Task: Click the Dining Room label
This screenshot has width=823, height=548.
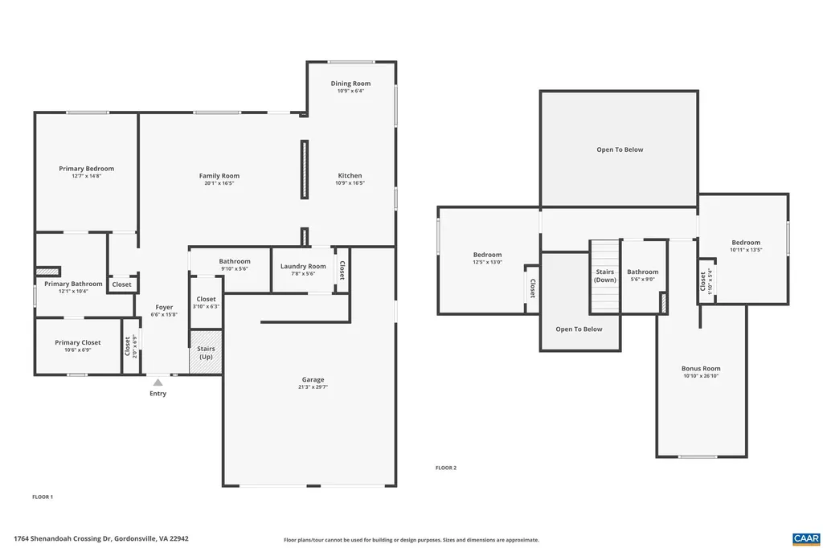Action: [x=350, y=84]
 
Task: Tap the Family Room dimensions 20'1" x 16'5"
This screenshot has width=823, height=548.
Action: [x=219, y=183]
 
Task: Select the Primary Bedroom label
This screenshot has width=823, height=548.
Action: [x=86, y=169]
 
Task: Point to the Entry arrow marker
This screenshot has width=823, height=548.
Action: [x=158, y=382]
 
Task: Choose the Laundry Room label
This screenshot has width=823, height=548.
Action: [x=303, y=266]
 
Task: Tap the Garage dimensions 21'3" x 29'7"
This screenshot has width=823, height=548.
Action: [x=313, y=387]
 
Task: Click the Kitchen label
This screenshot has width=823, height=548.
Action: [x=350, y=175]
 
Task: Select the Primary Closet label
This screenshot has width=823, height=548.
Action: [x=78, y=342]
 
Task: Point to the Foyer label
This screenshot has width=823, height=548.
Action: [x=164, y=307]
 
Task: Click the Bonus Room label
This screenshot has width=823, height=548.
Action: [x=701, y=368]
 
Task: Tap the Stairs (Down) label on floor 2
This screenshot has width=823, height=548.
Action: [x=605, y=276]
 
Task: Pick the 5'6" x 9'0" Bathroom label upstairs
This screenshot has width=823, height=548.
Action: [x=642, y=272]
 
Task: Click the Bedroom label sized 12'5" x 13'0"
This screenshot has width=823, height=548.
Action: [x=487, y=255]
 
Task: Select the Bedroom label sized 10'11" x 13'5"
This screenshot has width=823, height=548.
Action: [x=745, y=243]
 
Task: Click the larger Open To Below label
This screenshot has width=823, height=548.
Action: [x=619, y=149]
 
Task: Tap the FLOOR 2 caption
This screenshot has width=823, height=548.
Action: [x=445, y=468]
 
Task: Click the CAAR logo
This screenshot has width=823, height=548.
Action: [x=805, y=538]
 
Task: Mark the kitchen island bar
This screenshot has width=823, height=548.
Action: [x=304, y=170]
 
